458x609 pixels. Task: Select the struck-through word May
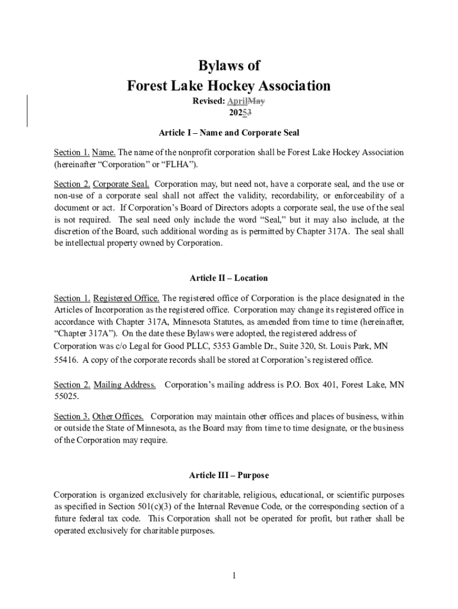(256, 101)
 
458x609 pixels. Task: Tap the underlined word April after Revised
(237, 101)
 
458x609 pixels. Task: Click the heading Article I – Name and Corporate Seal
(229, 133)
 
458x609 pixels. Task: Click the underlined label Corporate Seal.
(121, 184)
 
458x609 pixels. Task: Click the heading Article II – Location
(229, 278)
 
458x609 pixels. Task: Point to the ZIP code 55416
(65, 360)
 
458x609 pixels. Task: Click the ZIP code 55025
(65, 396)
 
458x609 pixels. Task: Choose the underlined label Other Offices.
(118, 416)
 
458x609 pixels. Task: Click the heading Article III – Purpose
(229, 475)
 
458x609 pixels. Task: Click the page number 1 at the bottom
(234, 575)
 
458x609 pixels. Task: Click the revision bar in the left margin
(28, 111)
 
